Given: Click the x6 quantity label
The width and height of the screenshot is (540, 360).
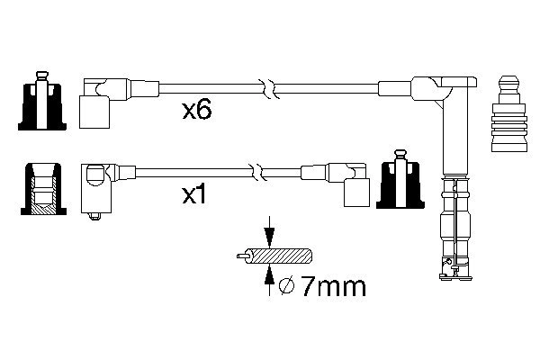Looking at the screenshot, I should click(197, 111).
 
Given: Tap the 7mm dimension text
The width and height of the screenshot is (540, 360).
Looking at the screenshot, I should click(333, 288).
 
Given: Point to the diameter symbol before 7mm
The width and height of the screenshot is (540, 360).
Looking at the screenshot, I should click(285, 288).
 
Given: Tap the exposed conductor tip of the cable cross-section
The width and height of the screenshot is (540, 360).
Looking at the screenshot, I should click(238, 256).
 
